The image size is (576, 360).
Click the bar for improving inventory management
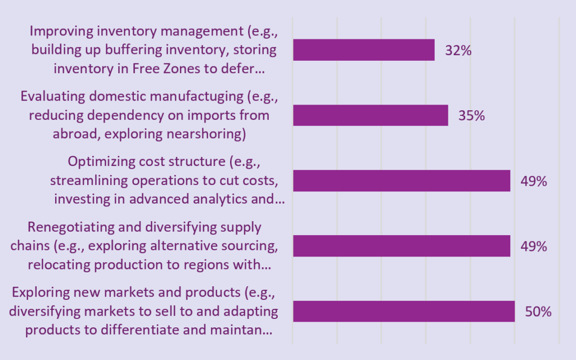click(x=363, y=49)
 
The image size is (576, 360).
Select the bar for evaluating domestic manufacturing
click(x=370, y=115)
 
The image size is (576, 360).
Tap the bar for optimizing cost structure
click(x=401, y=181)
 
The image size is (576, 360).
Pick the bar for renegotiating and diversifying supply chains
click(x=401, y=246)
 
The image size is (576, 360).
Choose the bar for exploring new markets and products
click(x=403, y=311)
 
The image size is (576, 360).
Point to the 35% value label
click(x=471, y=116)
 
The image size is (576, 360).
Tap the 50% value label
click(x=538, y=312)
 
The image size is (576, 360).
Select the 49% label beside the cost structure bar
click(x=533, y=181)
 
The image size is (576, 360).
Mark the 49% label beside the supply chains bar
click(x=533, y=246)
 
